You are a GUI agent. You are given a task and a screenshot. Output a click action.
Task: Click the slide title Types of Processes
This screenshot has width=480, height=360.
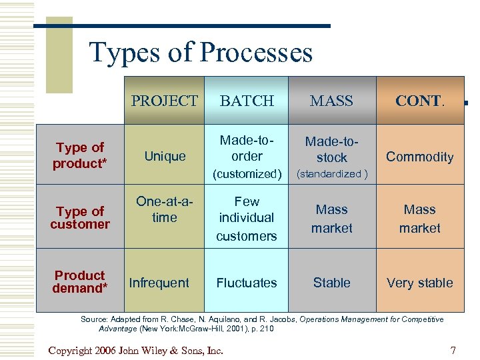(201, 52)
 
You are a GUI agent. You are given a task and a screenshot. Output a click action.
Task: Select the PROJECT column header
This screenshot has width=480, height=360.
(164, 101)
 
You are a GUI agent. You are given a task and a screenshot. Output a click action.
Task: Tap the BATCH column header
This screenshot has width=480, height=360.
(247, 101)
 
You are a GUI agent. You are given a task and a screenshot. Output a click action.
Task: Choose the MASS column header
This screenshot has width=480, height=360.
(331, 101)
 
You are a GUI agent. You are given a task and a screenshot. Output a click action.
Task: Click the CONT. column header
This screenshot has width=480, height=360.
(419, 101)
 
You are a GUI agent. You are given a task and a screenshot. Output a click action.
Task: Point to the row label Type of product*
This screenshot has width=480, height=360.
(80, 156)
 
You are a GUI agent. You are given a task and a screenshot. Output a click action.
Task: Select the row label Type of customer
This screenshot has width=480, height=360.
(80, 218)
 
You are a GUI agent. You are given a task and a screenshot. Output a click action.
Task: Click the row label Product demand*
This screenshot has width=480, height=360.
(80, 282)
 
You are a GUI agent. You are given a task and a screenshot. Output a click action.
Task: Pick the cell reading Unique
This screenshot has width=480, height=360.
(165, 156)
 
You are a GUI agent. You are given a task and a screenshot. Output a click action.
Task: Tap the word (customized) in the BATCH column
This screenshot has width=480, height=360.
(247, 174)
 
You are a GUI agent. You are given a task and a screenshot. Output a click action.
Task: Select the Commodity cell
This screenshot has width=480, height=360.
(419, 157)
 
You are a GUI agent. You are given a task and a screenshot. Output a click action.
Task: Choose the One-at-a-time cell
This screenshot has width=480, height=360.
(165, 209)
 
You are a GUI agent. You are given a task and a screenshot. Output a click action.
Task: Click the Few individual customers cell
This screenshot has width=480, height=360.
(247, 218)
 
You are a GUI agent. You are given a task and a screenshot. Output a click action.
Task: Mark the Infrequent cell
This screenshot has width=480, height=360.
(159, 283)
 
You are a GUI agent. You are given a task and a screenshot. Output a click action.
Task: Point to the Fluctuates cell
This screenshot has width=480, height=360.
(247, 283)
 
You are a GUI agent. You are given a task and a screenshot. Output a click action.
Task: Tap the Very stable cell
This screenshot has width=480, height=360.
(419, 283)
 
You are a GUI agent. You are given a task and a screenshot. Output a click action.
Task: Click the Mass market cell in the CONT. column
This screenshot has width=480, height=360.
(419, 219)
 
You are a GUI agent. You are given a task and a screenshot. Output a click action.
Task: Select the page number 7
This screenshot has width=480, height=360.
(453, 351)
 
